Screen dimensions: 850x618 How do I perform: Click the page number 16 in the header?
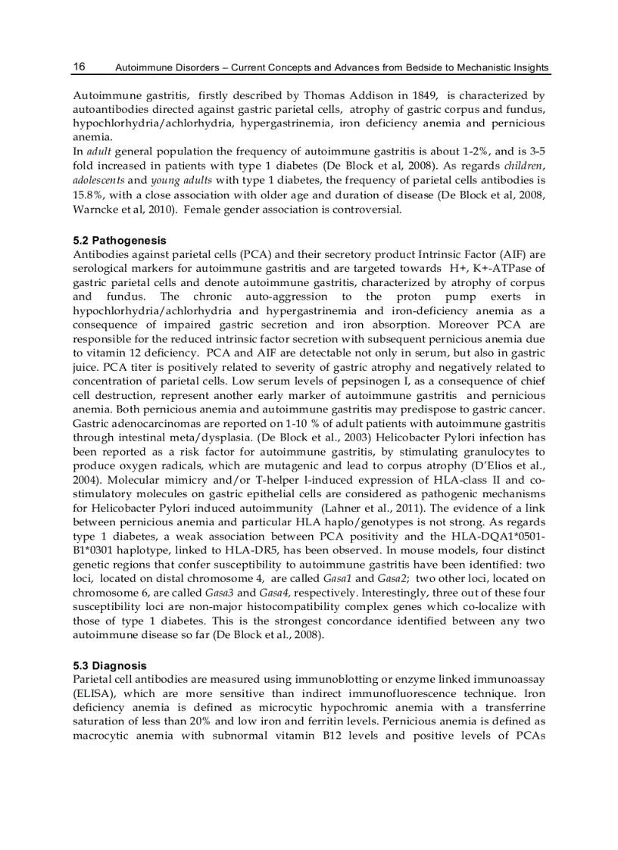coord(79,67)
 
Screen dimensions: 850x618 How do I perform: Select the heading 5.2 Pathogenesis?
coord(119,240)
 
